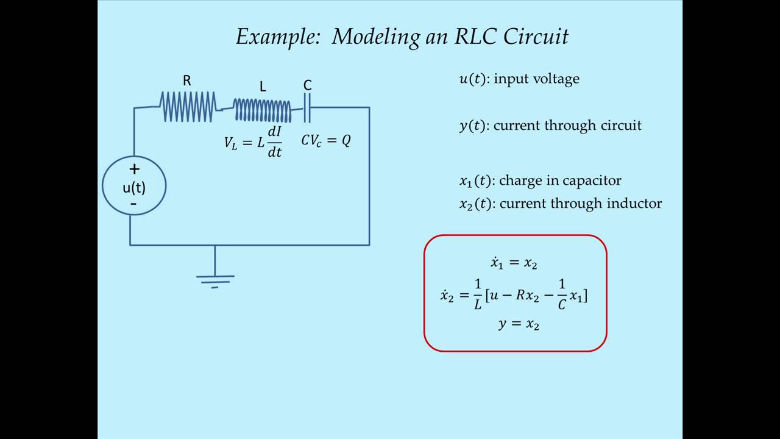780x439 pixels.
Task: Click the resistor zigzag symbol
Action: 188,107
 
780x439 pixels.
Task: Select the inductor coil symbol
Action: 263,110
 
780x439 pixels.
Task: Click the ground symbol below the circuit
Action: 214,280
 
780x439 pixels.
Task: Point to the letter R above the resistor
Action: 187,80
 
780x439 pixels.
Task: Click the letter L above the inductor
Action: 263,87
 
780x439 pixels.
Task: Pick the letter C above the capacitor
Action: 307,85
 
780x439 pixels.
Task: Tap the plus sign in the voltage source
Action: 134,169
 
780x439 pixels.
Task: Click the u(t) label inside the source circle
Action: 134,187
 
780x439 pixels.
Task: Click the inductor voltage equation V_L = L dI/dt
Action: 253,143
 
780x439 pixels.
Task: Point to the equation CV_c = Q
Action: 326,141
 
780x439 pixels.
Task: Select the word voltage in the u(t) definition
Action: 555,79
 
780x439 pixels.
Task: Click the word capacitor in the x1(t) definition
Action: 592,180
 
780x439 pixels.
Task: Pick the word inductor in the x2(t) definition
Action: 636,204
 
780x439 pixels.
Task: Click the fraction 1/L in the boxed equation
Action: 478,294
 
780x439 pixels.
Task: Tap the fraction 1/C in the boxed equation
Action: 562,294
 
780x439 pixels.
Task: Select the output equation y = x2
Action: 519,324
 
